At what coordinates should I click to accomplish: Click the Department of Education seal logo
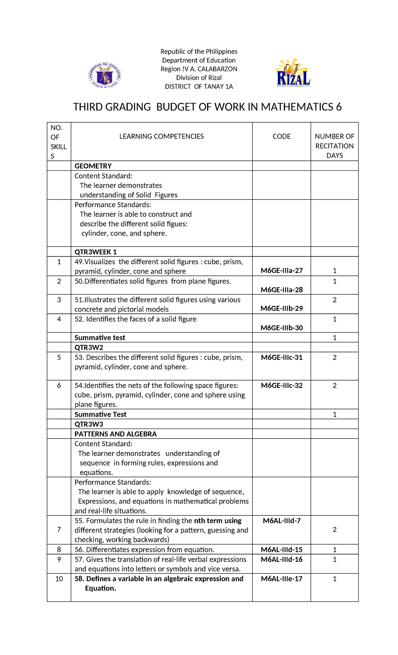pos(105,76)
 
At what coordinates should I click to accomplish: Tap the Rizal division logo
pos(293,74)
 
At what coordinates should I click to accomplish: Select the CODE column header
pos(282,137)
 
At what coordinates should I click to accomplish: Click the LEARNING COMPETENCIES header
pos(162,137)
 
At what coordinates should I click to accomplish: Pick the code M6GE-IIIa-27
pos(282,271)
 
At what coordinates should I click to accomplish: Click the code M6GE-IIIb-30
pos(282,328)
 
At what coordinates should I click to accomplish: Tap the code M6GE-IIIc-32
pos(282,386)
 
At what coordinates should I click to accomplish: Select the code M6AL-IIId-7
pos(282,521)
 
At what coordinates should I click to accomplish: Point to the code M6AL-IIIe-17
pos(282,579)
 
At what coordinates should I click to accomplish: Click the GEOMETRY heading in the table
pos(93,166)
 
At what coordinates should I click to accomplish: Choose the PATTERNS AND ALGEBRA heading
pos(115,434)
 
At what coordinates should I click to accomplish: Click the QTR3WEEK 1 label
pos(96,252)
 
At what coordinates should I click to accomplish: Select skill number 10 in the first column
pos(59,579)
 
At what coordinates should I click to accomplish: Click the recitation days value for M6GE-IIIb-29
pos(334,300)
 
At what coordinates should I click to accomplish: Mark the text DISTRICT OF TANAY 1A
pos(199,87)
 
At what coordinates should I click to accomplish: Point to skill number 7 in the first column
pos(59,530)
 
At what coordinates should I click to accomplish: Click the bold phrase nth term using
pos(218,521)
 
